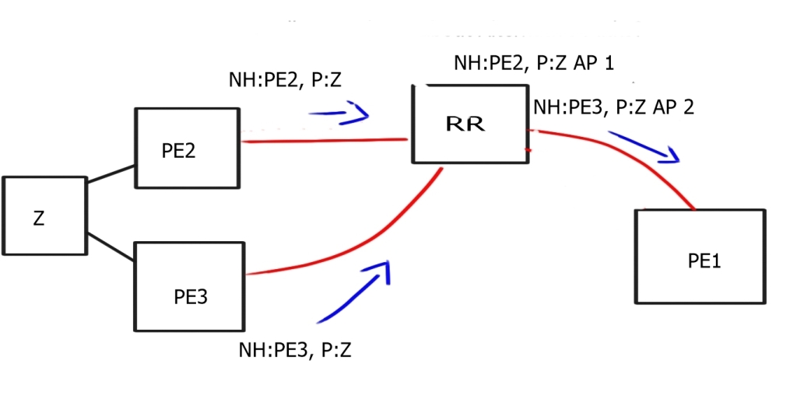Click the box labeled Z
pyautogui.click(x=44, y=215)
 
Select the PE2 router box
pyautogui.click(x=187, y=148)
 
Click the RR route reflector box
pyautogui.click(x=471, y=124)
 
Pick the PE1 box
pyautogui.click(x=700, y=257)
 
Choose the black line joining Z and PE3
pyautogui.click(x=111, y=245)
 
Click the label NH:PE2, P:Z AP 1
pyautogui.click(x=534, y=63)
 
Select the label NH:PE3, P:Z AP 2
pyautogui.click(x=613, y=107)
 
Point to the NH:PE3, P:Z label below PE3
pyautogui.click(x=295, y=350)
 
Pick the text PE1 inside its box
pyautogui.click(x=704, y=261)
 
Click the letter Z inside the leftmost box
pyautogui.click(x=39, y=219)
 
